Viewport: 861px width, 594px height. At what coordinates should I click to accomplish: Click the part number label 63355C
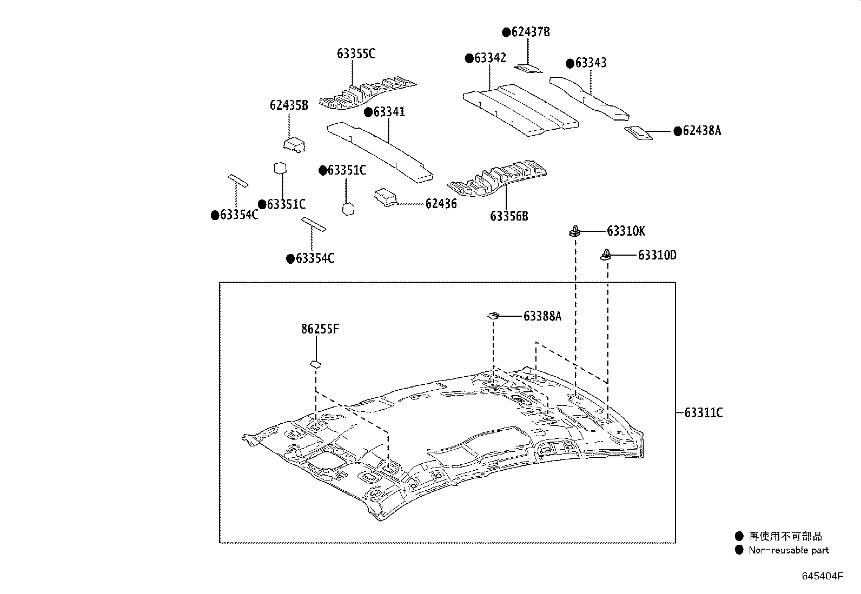pos(356,54)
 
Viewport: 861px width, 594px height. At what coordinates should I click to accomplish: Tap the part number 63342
pos(490,58)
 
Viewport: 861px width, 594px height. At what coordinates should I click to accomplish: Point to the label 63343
pos(591,63)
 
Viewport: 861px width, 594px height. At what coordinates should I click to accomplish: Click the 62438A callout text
pos(701,131)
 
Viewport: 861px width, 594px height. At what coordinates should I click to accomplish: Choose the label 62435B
pos(289,105)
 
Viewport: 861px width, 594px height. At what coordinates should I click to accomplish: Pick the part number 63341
pos(389,112)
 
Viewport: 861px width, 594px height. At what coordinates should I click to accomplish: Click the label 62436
pos(441,204)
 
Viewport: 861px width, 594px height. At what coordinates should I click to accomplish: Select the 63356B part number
pos(509,217)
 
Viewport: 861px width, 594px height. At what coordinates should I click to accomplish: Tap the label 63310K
pos(626,231)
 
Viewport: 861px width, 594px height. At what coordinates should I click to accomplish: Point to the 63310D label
pos(657,255)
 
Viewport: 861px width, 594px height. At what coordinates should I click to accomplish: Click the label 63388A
pos(542,316)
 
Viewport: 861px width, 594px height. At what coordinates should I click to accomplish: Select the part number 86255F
pos(320,329)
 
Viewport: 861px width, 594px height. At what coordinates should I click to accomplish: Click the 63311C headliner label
pos(703,413)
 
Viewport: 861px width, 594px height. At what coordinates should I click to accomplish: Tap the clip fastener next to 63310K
pos(574,232)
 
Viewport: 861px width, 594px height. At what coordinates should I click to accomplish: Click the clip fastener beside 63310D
pos(607,255)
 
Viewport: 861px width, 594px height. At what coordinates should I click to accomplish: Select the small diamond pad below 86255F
pos(315,364)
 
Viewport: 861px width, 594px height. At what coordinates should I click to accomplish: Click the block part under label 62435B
pos(294,144)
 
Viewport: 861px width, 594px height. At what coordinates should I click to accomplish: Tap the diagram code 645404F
pos(822,576)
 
